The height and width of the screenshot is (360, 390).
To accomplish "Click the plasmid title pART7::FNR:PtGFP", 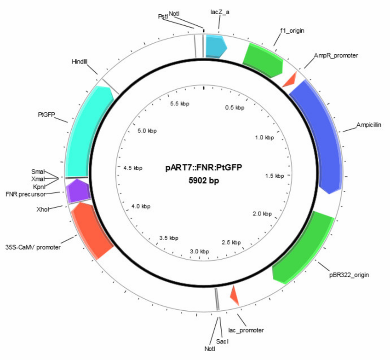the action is point(203,167).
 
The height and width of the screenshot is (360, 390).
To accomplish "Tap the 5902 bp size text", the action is point(204,180).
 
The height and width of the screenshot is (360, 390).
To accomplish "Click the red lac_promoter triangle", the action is point(235,296).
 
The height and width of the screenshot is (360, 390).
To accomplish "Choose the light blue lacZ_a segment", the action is point(215,46).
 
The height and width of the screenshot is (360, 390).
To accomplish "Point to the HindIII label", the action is point(80,62).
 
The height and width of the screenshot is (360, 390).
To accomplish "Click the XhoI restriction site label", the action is point(43,209).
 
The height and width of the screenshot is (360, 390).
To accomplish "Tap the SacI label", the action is point(222,341).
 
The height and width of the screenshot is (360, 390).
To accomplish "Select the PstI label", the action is point(163,17).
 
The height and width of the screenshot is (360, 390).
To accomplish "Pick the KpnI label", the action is point(39,187).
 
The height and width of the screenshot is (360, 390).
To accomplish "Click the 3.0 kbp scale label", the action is point(200,251).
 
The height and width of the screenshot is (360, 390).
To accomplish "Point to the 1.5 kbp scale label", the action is point(275,176).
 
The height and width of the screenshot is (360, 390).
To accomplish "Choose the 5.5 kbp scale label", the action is point(179,104).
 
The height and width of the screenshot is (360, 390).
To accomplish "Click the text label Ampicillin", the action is point(368,125).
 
